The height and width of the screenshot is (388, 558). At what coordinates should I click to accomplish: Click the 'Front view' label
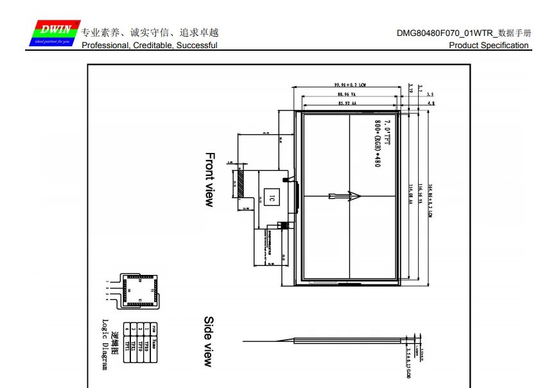coord(209,179)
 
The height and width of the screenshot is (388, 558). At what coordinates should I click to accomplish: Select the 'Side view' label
coord(209,341)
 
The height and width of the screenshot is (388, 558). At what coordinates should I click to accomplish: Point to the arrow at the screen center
coord(344,197)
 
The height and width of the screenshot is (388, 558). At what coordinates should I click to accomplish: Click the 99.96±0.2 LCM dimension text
coord(349,85)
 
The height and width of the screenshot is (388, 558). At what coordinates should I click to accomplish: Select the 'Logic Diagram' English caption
coord(106,344)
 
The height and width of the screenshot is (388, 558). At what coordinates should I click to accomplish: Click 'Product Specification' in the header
coord(489,46)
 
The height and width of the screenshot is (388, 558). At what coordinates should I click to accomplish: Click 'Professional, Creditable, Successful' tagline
coord(149,46)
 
